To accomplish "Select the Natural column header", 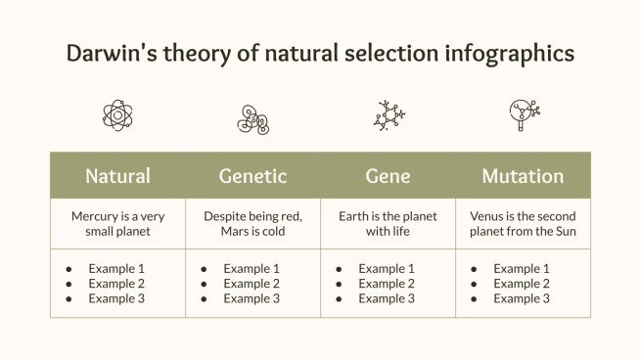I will [117, 176].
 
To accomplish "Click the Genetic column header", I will [252, 176].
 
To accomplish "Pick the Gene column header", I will [388, 176].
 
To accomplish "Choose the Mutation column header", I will [523, 176].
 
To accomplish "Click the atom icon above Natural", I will [117, 115].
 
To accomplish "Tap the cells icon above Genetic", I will [252, 117].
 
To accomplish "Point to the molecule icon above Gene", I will [389, 115].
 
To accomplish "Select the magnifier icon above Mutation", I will [524, 114].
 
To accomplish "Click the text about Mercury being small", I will [117, 224].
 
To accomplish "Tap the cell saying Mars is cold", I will [252, 224].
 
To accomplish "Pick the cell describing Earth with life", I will [388, 224].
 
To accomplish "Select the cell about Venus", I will [523, 224].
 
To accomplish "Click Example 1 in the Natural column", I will [116, 268].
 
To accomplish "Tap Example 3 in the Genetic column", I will [252, 299].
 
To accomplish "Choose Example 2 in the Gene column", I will [387, 284].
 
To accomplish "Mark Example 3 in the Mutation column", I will [522, 299].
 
